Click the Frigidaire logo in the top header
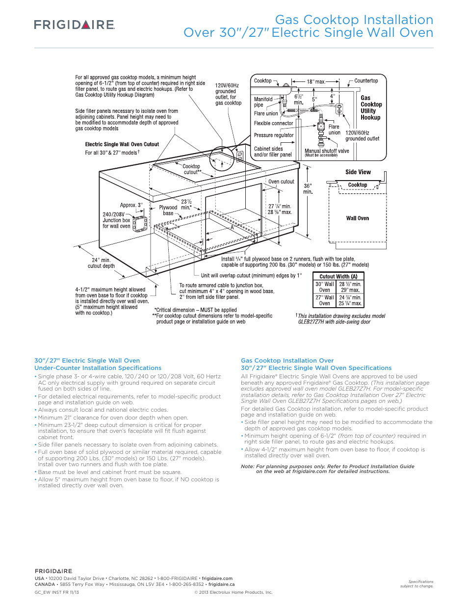[x=74, y=25]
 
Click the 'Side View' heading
[x=358, y=172]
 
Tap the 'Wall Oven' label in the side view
[x=357, y=218]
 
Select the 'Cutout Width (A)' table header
[x=338, y=277]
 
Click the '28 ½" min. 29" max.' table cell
[x=350, y=287]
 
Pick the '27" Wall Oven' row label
[x=324, y=300]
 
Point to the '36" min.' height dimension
[x=308, y=189]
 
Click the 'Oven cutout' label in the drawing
[x=281, y=182]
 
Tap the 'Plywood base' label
[x=168, y=211]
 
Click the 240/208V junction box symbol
[x=140, y=224]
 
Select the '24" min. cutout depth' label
[x=101, y=263]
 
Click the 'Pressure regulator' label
[x=274, y=135]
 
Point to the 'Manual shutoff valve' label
[x=327, y=151]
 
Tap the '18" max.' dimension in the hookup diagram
[x=316, y=82]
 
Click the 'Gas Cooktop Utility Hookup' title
[x=371, y=107]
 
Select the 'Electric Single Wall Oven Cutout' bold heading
[x=122, y=144]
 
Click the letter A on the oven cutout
[x=233, y=228]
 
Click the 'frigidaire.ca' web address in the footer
[x=221, y=584]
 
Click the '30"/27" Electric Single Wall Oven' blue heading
[x=87, y=361]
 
